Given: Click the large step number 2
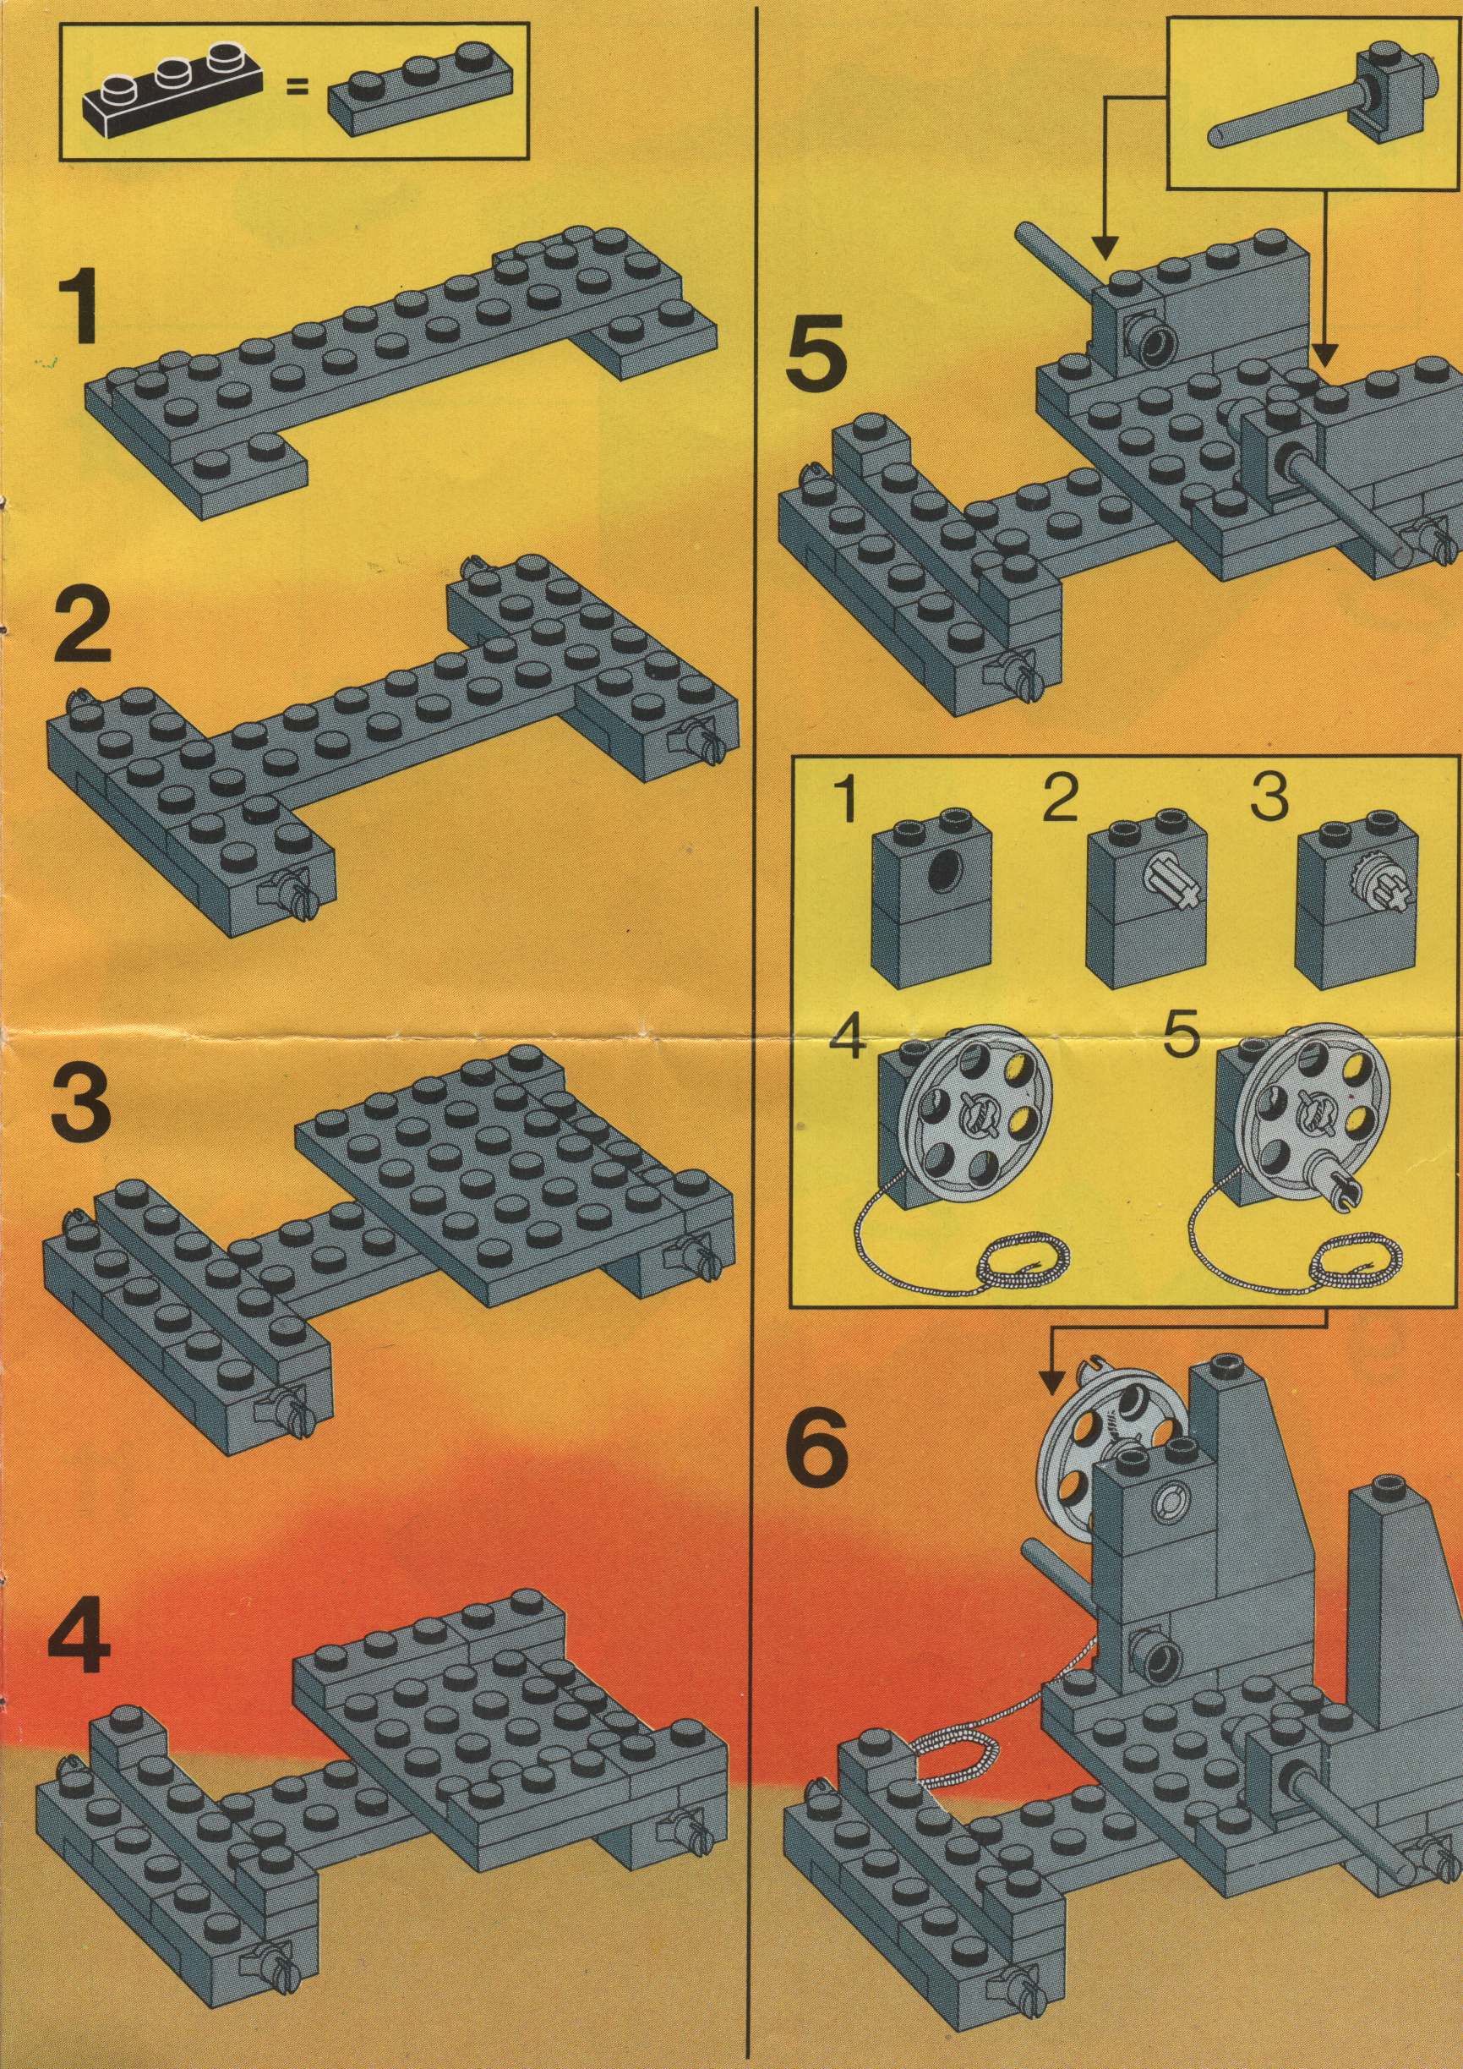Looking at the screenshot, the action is pos(83,634).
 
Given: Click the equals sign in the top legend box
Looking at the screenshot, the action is pos(297,87).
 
